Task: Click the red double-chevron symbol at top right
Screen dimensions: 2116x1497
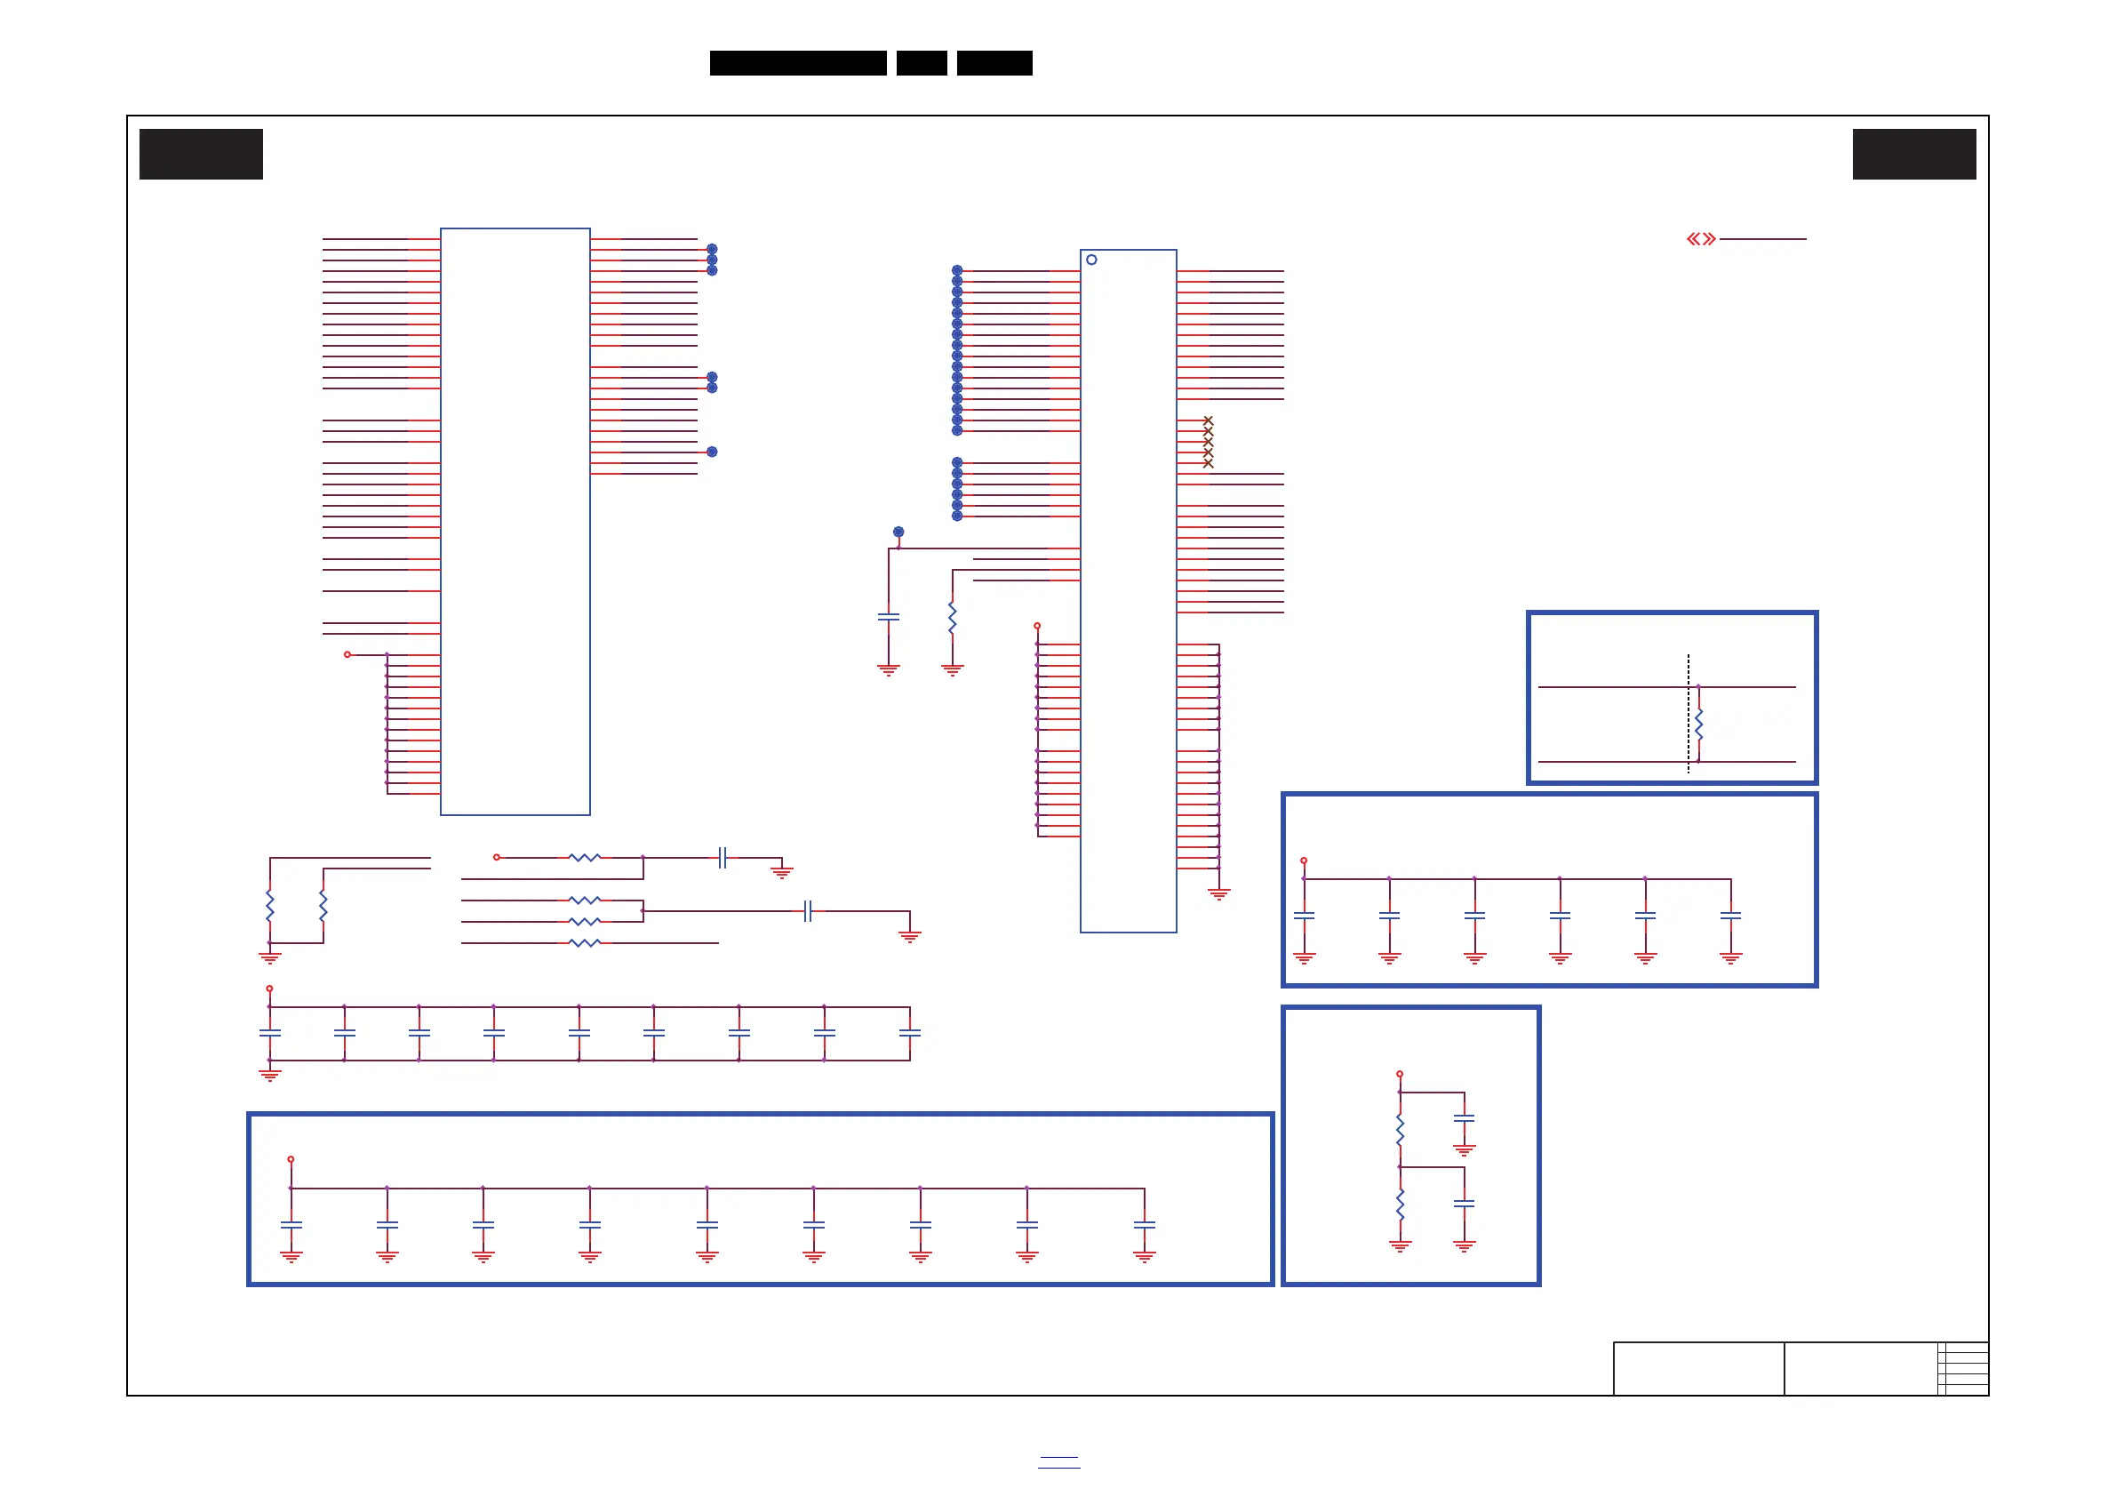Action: (1701, 240)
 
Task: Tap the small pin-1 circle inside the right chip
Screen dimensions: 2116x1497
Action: (1091, 260)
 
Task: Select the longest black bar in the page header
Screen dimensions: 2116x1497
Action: (798, 63)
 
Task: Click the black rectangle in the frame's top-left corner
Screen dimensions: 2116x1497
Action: (201, 154)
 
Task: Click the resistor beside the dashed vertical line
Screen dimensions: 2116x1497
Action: (1698, 724)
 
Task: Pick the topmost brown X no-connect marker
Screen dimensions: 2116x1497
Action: (1209, 420)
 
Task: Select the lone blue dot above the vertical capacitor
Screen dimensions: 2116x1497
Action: (898, 532)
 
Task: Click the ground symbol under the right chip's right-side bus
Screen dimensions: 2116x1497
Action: (1218, 893)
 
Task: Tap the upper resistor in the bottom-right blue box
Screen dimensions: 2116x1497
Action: (1400, 1130)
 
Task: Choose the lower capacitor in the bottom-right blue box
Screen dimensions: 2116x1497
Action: (1464, 1204)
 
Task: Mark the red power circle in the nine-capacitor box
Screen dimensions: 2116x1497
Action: (291, 1159)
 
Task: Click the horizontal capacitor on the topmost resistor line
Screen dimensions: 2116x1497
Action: (723, 858)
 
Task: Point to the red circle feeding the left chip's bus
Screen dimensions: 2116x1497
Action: (347, 654)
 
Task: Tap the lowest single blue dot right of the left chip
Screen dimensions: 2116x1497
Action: (712, 452)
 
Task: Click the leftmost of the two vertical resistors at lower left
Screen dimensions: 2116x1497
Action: (270, 905)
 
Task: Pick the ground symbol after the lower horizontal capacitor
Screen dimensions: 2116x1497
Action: (910, 937)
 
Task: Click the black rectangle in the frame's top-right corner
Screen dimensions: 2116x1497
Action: (1914, 154)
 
